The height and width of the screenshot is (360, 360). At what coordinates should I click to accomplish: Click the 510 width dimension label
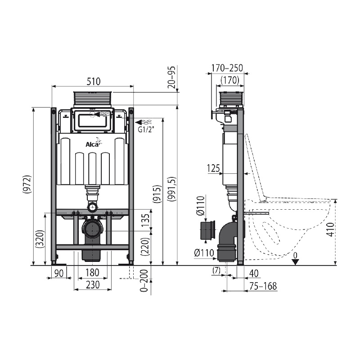click(94, 81)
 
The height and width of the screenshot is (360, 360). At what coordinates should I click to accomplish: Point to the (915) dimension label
click(157, 194)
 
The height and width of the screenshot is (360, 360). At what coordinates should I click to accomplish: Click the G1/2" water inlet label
click(146, 130)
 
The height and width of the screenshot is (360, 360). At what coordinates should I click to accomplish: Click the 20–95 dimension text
click(171, 77)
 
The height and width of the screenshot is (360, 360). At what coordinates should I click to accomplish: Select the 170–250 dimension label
click(227, 68)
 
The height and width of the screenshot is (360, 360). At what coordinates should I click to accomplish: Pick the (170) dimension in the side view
click(230, 81)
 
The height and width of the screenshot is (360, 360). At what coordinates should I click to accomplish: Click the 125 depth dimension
click(213, 168)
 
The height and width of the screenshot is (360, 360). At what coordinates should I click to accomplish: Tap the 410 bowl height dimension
click(330, 229)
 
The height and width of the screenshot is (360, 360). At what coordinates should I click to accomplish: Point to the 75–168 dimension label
click(263, 286)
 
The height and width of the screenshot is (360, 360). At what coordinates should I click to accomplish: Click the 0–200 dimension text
click(144, 280)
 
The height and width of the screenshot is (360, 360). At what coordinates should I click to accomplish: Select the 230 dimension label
click(93, 285)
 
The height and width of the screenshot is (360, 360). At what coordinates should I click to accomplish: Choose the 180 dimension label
click(92, 273)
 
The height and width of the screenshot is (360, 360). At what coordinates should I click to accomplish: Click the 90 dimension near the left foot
click(59, 274)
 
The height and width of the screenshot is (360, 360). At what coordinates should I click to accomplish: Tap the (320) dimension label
click(40, 239)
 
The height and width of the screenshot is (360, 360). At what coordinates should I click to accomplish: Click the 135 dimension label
click(145, 220)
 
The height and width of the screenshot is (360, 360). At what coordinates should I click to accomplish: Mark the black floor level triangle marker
click(296, 262)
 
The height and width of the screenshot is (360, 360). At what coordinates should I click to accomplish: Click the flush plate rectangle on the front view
click(93, 121)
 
